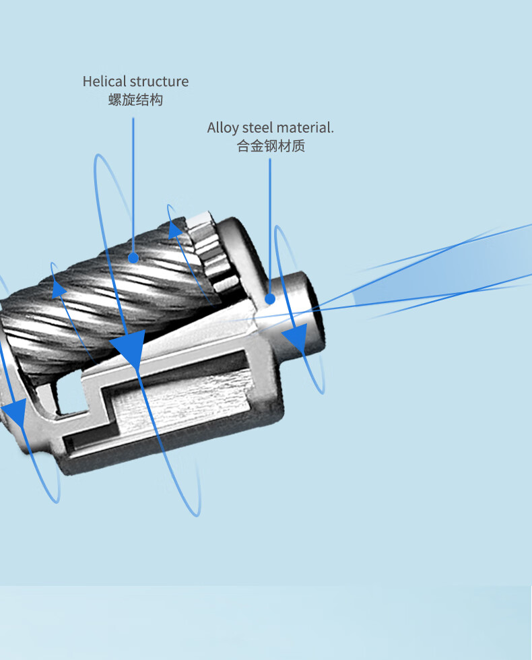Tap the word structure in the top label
[x=159, y=81]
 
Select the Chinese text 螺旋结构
[x=135, y=100]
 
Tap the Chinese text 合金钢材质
[x=271, y=146]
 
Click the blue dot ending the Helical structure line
[x=133, y=257]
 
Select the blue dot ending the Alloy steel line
[x=269, y=298]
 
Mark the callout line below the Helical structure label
[x=133, y=182]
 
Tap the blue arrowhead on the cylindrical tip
[x=294, y=339]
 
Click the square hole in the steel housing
[x=71, y=393]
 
